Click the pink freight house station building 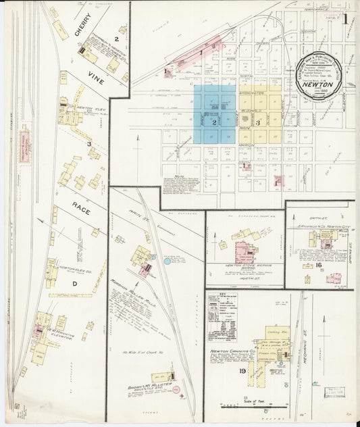pyautogui.click(x=24, y=144)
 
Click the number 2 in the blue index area pyautogui.click(x=213, y=122)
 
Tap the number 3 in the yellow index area pyautogui.click(x=257, y=122)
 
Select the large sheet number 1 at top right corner pyautogui.click(x=344, y=18)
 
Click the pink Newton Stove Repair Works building pyautogui.click(x=243, y=251)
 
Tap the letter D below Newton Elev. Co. pyautogui.click(x=74, y=284)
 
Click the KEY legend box pyautogui.click(x=221, y=316)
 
